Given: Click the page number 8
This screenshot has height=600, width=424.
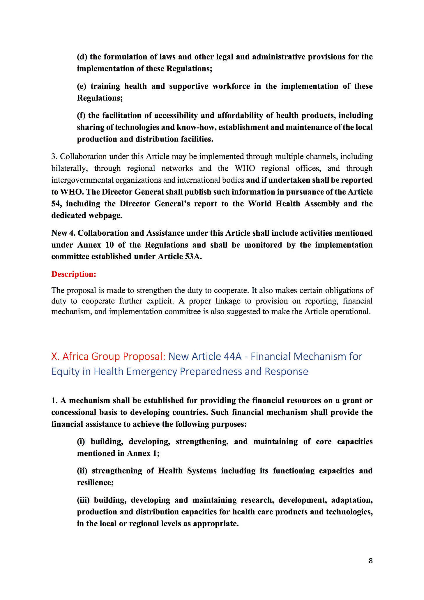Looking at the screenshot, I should (x=370, y=561).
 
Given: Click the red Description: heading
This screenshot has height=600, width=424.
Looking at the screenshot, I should (x=74, y=274).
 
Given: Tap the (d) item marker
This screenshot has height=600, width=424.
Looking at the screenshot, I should (x=82, y=57).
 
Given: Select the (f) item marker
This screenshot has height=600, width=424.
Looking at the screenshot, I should (x=81, y=115).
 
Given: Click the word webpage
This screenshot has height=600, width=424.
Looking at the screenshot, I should (x=106, y=216).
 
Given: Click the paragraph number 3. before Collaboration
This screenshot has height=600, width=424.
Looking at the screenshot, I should (x=54, y=156).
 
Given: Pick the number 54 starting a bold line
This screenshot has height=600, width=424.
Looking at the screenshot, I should (x=56, y=204).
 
